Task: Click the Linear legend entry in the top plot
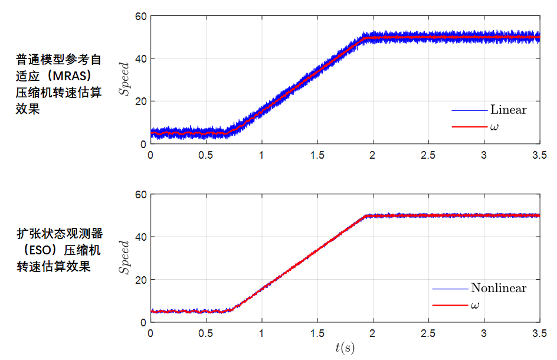(508, 110)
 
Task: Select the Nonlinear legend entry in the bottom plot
(499, 288)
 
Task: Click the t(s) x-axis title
(345, 348)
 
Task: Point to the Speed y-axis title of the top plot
(124, 80)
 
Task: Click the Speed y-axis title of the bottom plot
(124, 258)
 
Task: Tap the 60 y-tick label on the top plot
(140, 17)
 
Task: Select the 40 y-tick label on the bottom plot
(140, 237)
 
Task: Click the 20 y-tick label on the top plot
(140, 102)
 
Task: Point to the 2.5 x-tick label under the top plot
(428, 155)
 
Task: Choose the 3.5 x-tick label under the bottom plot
(539, 333)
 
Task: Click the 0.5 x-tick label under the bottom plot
(206, 333)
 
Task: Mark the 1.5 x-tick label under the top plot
(317, 155)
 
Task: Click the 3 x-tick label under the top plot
(484, 155)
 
